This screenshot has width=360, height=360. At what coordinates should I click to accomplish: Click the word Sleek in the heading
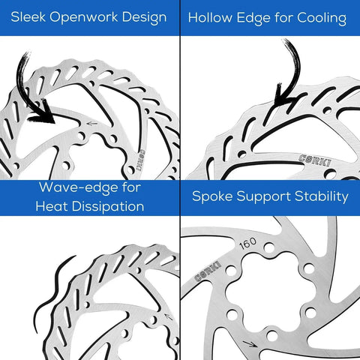(28, 17)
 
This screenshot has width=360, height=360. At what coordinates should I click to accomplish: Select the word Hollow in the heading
(210, 18)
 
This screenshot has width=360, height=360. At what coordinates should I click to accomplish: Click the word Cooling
(322, 19)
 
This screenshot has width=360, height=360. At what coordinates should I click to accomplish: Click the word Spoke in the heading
(212, 196)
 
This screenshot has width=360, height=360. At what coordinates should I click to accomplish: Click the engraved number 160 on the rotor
(247, 243)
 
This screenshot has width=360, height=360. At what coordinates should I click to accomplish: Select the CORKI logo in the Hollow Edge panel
(315, 160)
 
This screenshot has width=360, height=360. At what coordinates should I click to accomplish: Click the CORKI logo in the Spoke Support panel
(208, 271)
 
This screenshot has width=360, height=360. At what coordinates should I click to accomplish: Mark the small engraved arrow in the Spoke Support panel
(250, 343)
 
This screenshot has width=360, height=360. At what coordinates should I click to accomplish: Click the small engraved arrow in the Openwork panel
(91, 123)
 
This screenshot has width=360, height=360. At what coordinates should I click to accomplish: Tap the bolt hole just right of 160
(269, 248)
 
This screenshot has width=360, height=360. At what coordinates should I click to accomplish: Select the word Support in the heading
(264, 197)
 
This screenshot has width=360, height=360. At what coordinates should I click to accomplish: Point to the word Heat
(52, 206)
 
